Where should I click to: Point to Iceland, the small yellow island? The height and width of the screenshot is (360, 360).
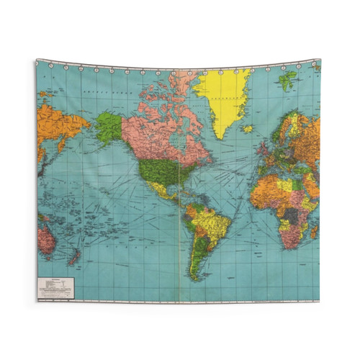pos(248,129)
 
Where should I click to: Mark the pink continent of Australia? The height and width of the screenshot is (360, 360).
pos(46,238)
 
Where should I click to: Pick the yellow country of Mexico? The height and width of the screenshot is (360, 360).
pos(161,190)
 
